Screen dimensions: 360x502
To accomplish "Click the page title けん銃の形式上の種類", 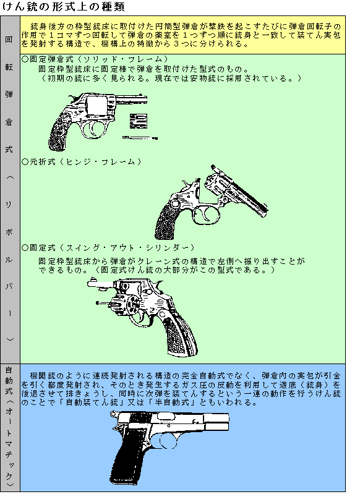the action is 63,7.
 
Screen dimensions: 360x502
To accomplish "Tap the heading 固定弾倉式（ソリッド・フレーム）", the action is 95,59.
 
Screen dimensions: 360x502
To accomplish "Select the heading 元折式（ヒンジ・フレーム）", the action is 82,162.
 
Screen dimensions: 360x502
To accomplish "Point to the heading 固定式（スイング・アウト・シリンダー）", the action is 108,247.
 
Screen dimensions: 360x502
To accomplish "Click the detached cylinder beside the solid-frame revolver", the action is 139,121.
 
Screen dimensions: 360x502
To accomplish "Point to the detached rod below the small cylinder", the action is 140,138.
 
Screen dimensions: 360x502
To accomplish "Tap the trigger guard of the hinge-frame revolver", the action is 206,215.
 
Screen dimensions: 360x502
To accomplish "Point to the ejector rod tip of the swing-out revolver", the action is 98,302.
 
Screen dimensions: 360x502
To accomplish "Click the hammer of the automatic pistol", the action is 113,415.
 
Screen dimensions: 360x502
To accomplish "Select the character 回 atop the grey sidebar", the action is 9,40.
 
